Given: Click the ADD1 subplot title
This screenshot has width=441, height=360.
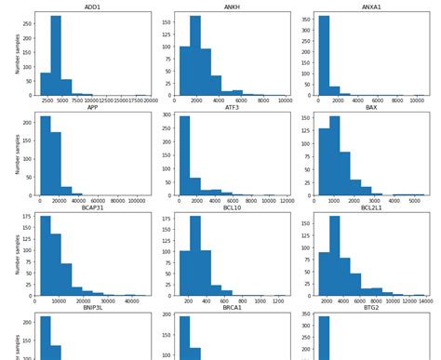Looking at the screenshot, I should point(93,7).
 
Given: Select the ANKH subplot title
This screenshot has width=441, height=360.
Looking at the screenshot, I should point(232,7).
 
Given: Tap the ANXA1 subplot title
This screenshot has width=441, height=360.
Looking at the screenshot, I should point(371,7).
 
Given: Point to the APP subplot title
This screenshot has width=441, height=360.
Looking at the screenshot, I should point(93,108).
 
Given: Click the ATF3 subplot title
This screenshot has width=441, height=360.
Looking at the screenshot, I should point(232,108).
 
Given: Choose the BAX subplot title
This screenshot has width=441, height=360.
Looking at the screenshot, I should point(371,108).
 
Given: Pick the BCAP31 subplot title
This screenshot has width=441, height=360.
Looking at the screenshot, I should point(93,209).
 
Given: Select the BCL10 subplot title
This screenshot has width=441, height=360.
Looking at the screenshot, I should point(232,209).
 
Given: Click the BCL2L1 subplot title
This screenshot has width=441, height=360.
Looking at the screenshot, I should point(371,209).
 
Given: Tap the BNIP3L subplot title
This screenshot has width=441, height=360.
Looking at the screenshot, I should point(93,311).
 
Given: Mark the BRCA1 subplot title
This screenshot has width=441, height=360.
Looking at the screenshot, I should point(232,311).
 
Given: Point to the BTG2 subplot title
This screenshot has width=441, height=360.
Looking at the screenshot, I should point(371,311).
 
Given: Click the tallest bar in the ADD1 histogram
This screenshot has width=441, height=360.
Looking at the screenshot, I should point(57,56).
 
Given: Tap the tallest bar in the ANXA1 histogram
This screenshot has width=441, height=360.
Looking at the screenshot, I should point(324,56).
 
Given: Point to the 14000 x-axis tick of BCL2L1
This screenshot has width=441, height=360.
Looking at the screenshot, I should point(425,302).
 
